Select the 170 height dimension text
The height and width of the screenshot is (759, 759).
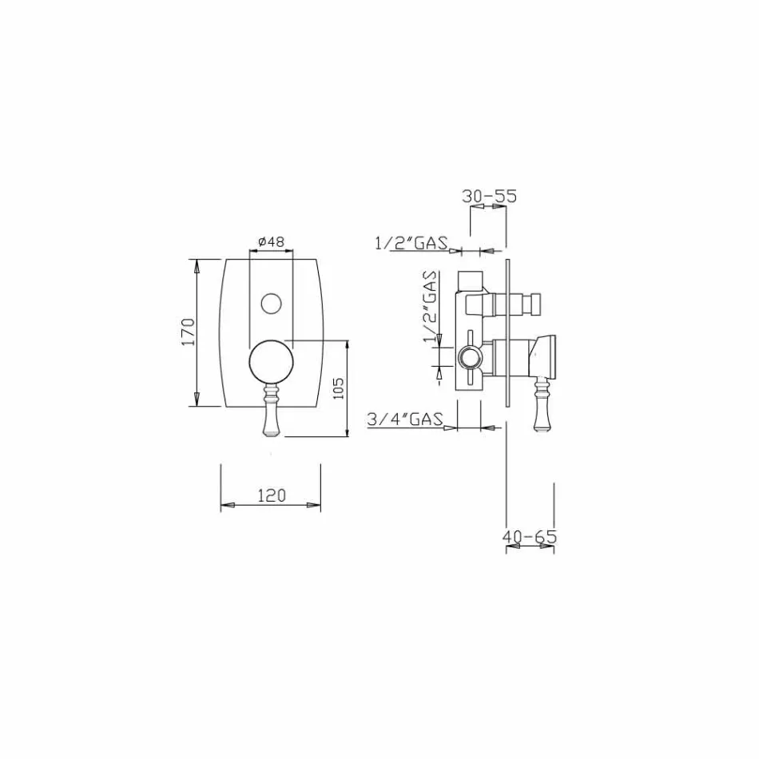(x=188, y=332)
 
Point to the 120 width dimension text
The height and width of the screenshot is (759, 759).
(x=271, y=495)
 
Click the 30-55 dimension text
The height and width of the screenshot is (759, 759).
(x=490, y=196)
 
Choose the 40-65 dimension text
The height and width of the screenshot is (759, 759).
(x=529, y=537)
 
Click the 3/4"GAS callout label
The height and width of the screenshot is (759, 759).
(x=405, y=419)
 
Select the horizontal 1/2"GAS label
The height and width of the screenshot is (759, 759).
(x=411, y=243)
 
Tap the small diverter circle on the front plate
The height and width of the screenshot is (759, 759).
(x=272, y=304)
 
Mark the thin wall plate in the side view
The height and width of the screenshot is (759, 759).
(x=507, y=332)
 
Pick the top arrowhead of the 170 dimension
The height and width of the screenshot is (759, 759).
(x=197, y=264)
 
